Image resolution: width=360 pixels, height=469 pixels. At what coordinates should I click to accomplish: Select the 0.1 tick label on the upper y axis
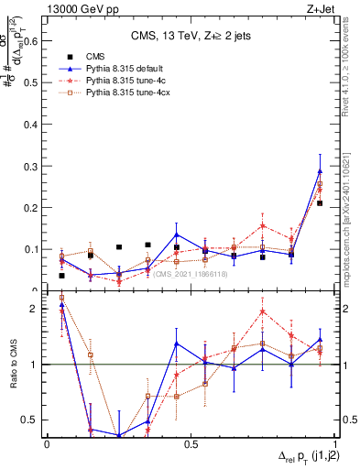click(x=34, y=249)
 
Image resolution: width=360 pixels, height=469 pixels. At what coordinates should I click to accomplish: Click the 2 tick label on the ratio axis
click(x=37, y=309)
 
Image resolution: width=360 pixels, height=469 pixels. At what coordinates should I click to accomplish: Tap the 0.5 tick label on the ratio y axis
click(x=33, y=420)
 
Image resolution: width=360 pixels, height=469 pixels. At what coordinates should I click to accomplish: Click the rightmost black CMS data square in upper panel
click(x=320, y=203)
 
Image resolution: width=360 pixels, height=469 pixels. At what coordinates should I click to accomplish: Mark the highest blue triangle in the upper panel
click(x=320, y=171)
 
